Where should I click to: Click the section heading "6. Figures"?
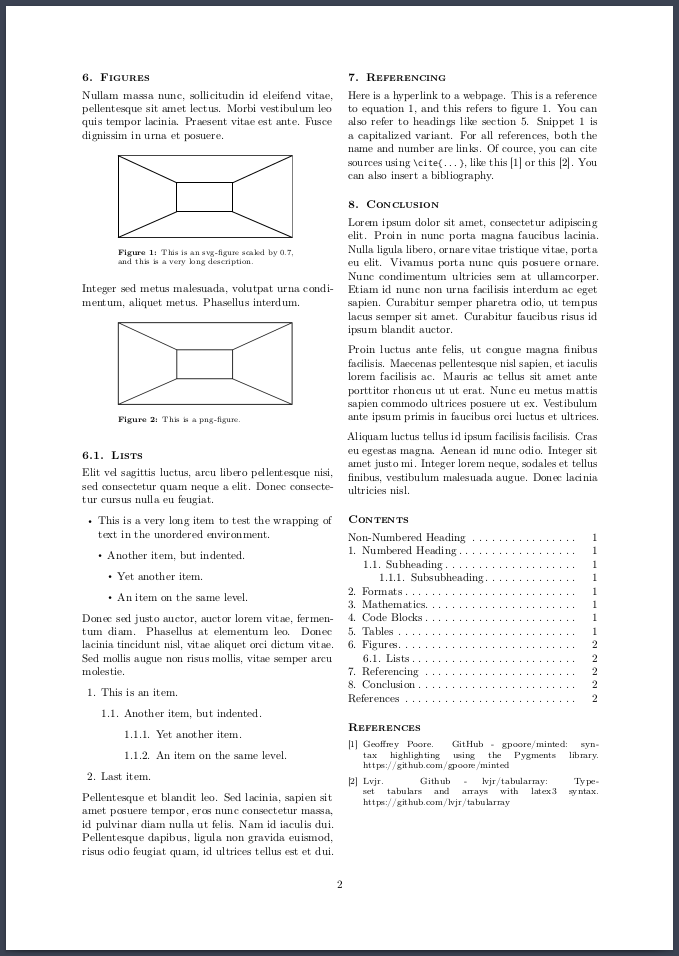(116, 77)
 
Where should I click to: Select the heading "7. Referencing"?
(397, 77)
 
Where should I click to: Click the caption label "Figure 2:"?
(137, 419)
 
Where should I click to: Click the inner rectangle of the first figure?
(204, 197)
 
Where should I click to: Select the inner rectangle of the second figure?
(204, 363)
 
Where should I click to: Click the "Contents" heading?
(378, 519)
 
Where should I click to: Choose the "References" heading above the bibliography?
(384, 727)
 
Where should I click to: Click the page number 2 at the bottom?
(340, 884)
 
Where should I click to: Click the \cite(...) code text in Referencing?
(424, 162)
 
